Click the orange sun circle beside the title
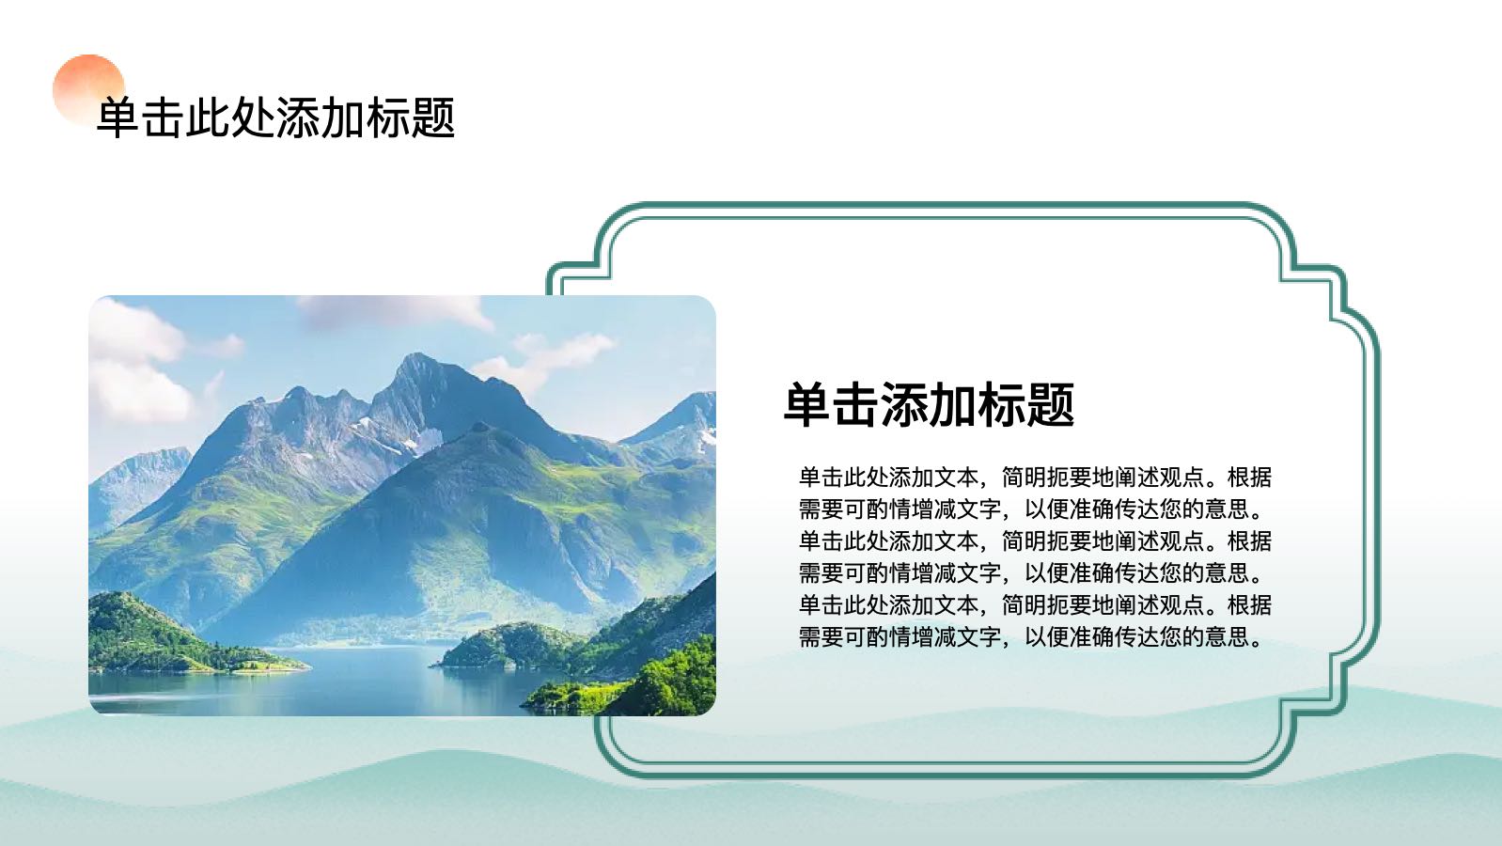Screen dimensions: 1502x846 pos(88,88)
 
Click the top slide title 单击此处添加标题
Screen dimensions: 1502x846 pos(275,118)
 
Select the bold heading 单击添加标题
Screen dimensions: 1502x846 pos(929,404)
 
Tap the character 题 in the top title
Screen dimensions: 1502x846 pos(433,118)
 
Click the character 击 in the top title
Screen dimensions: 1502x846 pos(164,118)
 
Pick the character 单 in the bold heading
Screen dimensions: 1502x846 pos(807,404)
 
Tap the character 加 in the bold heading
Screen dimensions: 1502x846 pos(953,404)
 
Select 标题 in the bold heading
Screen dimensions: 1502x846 pos(1026,404)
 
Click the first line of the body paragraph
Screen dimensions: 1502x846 pos(1035,478)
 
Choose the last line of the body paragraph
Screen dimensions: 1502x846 pos(1030,636)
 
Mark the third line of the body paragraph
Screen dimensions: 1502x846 pos(1035,541)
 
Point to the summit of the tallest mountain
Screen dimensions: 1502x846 pos(415,355)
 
